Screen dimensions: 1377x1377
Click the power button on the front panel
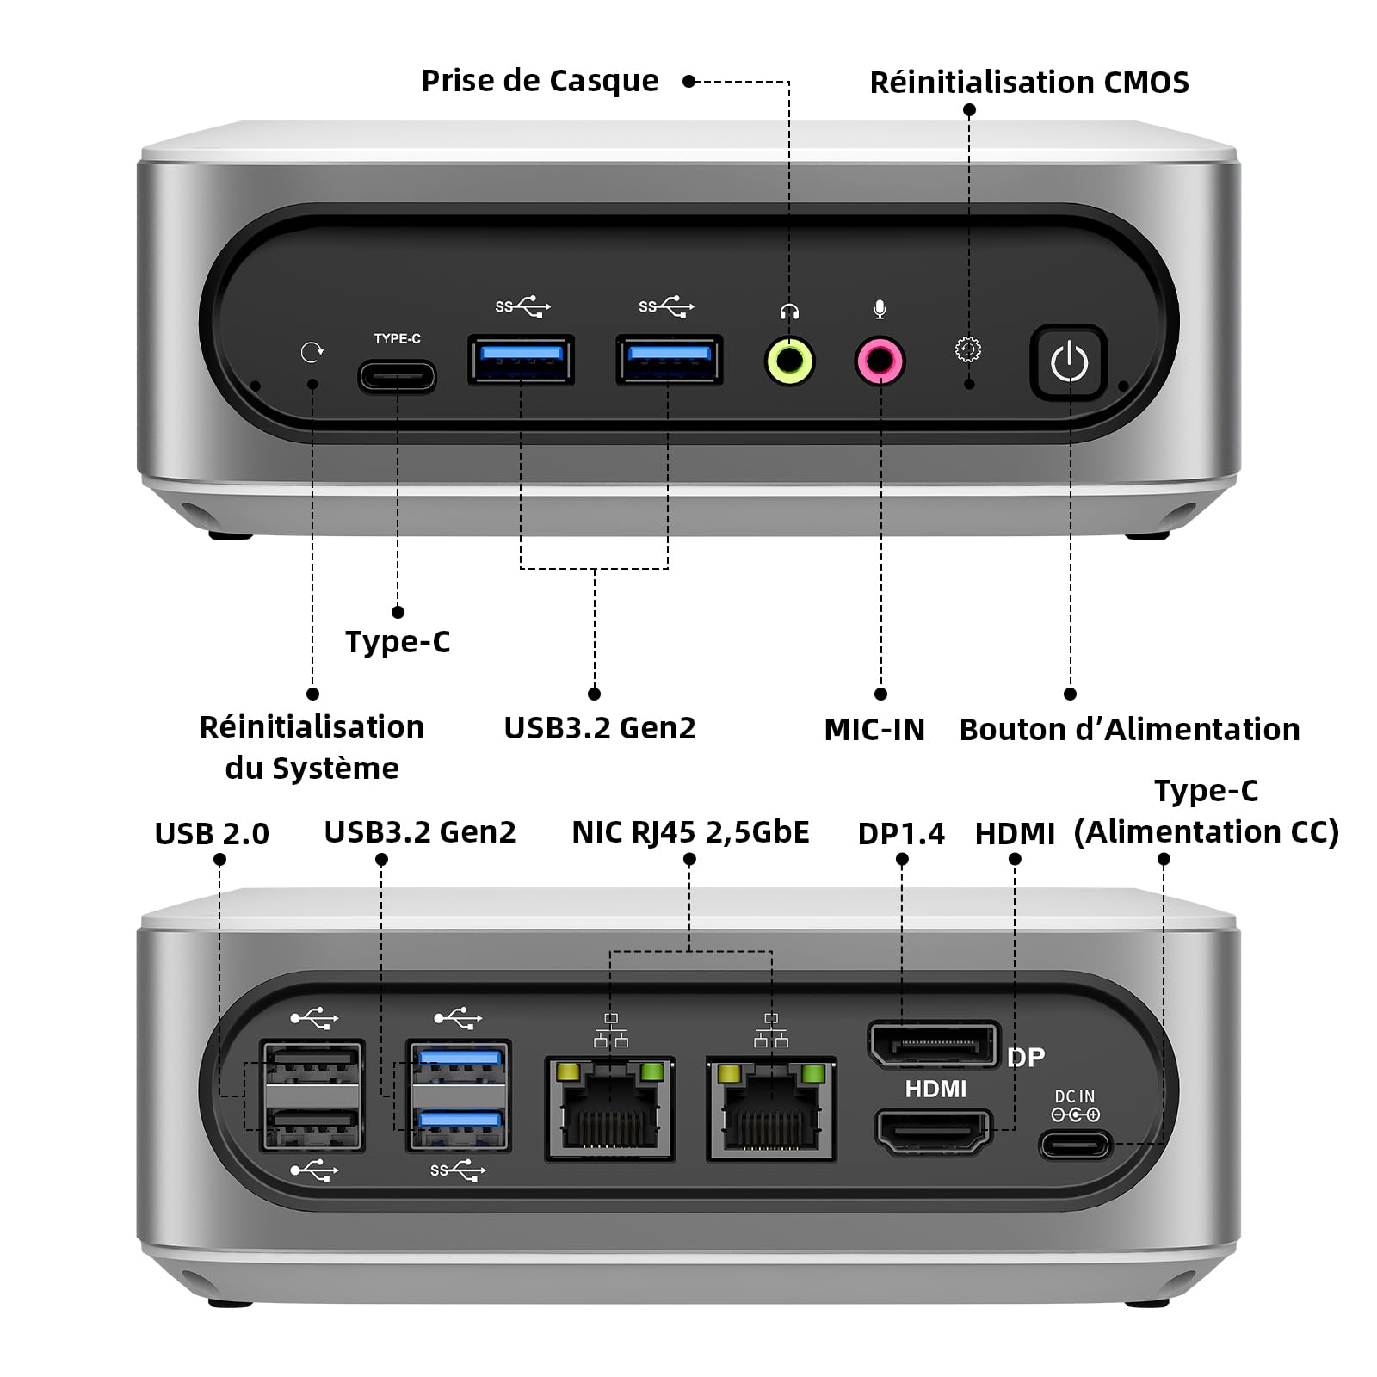[1069, 361]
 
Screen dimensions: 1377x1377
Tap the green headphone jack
[789, 361]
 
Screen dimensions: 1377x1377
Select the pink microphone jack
[880, 361]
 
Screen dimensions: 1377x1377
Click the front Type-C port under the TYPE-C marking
[397, 377]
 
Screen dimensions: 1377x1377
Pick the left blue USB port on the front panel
[521, 359]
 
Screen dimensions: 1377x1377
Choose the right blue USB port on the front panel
[669, 359]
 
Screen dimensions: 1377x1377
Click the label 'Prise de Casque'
[540, 81]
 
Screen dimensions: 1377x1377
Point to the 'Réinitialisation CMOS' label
[1029, 83]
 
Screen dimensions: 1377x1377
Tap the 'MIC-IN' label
[874, 730]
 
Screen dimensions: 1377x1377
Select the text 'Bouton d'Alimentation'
[1129, 730]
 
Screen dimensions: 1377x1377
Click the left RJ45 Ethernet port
[609, 1108]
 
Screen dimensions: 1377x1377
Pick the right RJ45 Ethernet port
[771, 1108]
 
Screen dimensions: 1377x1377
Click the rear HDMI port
[934, 1130]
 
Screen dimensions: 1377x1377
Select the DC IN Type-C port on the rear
[1076, 1145]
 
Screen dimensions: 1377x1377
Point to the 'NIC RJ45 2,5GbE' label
[690, 832]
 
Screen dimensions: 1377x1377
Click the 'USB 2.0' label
[212, 834]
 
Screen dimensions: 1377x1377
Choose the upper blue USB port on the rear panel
[459, 1064]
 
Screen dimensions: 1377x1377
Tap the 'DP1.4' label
[901, 834]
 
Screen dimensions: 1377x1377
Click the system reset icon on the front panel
[312, 352]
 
